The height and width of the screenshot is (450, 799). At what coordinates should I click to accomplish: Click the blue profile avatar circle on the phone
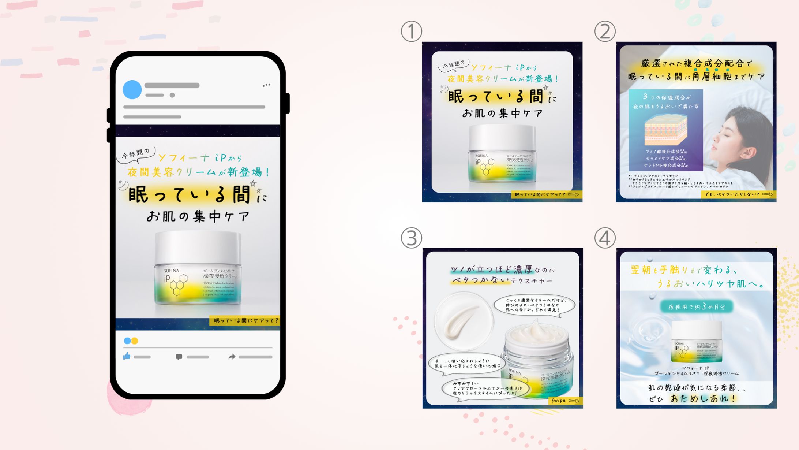coord(132,90)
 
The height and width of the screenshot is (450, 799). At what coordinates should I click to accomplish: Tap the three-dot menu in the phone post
coord(266,85)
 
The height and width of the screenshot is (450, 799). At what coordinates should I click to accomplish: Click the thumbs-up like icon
coord(127,356)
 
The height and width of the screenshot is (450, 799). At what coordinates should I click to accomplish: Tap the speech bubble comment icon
coord(179,357)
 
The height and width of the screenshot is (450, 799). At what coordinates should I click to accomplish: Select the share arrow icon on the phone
coord(232,357)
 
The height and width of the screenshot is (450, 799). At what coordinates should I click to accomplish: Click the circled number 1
coord(412,31)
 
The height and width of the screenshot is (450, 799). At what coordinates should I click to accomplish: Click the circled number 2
coord(605,31)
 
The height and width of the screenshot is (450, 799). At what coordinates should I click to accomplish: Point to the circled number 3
coord(412,238)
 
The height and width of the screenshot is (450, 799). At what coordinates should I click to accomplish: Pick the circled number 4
coord(605,238)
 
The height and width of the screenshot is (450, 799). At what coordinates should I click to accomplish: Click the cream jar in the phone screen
coord(198,269)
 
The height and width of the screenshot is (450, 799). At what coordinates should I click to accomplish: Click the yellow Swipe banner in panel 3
coord(565,401)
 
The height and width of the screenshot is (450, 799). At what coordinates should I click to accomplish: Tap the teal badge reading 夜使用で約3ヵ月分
coord(697,306)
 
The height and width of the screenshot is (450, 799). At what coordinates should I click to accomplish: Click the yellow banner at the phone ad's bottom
coord(244,320)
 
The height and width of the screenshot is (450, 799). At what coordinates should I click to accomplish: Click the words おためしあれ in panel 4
coord(702,398)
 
